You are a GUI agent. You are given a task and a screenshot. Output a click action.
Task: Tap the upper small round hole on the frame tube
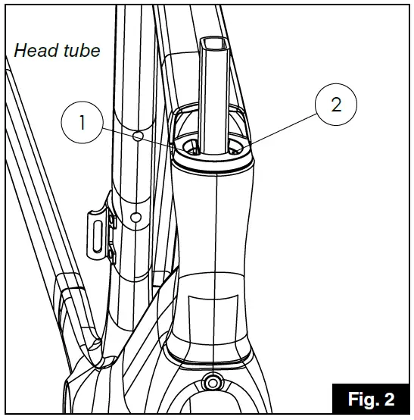pyautogui.click(x=137, y=136)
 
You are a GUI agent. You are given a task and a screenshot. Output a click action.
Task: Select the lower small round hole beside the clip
pyautogui.click(x=135, y=217)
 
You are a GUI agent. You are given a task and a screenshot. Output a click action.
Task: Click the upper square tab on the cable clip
pyautogui.click(x=111, y=221)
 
